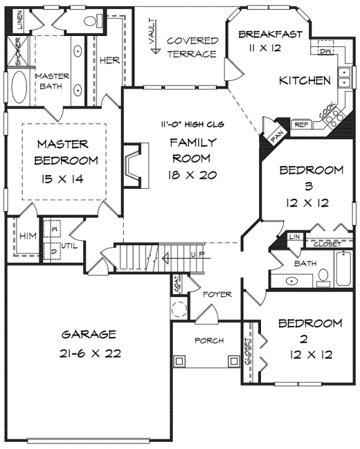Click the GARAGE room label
click(88, 335)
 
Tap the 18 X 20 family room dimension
click(191, 175)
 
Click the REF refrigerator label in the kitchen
click(300, 125)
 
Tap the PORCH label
click(208, 340)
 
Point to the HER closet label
click(109, 61)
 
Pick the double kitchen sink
click(344, 77)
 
